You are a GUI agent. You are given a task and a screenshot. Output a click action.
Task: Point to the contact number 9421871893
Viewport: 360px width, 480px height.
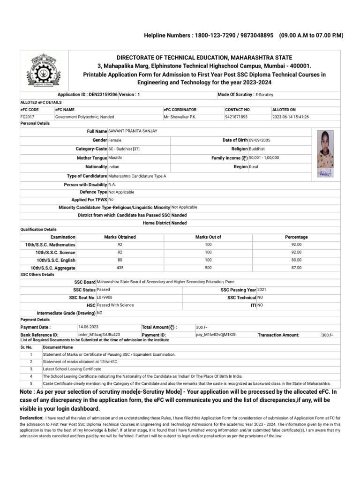[x=236, y=117]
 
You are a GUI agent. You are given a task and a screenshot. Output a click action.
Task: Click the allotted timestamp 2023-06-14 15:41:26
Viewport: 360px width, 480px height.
[x=290, y=117]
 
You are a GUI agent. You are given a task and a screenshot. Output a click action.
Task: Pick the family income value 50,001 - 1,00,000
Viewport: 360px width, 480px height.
[x=264, y=158]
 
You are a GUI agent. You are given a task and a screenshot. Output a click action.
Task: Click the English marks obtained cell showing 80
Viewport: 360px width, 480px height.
[x=120, y=260]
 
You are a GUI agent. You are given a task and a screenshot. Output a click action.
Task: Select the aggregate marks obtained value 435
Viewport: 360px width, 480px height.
[x=120, y=268]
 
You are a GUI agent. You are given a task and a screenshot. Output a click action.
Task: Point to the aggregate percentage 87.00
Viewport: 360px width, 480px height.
[x=296, y=268]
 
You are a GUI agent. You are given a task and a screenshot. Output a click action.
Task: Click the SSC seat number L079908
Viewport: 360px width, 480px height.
[x=105, y=297]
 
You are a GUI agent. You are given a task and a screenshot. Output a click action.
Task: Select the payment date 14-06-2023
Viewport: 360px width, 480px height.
[x=88, y=326]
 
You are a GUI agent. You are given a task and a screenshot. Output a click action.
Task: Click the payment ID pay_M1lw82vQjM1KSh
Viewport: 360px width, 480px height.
[x=216, y=335]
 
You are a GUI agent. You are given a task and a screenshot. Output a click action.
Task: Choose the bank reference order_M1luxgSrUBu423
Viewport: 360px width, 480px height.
[x=99, y=335]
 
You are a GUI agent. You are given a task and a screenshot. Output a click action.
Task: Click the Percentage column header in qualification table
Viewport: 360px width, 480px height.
[x=296, y=237]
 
